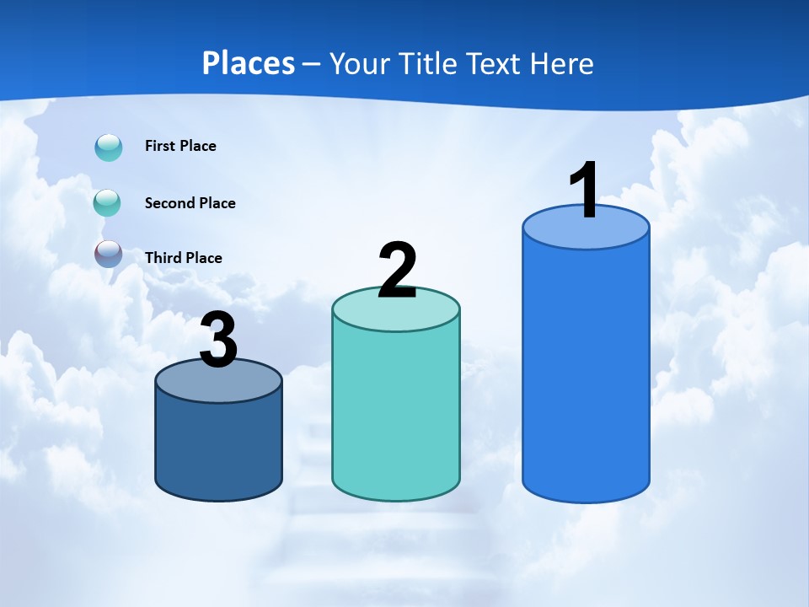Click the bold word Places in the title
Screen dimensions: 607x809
point(249,63)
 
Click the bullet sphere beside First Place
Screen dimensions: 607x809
point(108,147)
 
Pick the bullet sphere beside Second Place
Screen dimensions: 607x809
point(108,203)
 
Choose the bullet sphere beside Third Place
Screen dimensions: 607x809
point(108,254)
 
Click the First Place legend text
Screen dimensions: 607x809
point(180,146)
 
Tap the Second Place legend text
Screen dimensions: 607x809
point(190,203)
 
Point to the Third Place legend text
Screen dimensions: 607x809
point(183,258)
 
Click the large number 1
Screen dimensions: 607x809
point(585,191)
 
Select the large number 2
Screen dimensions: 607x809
point(397,271)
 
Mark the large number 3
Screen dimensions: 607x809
point(218,341)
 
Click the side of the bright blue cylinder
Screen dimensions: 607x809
point(586,371)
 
